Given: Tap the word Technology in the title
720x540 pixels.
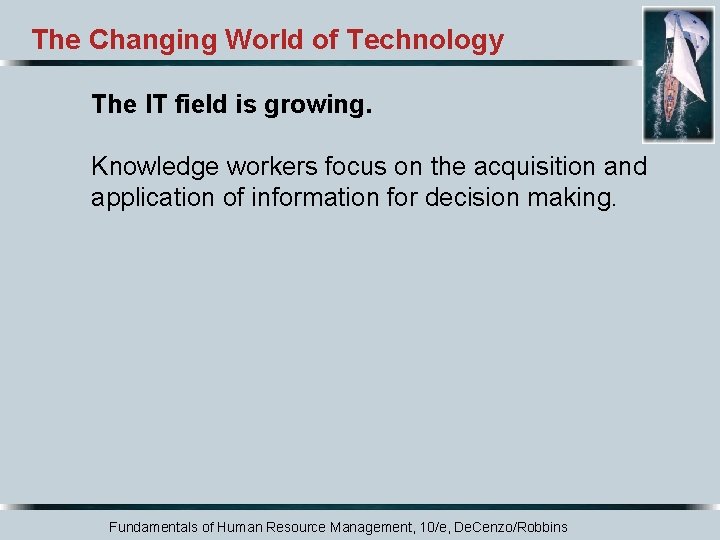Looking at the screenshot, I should click(x=425, y=41).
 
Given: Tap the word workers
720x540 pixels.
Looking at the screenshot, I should click(x=251, y=166).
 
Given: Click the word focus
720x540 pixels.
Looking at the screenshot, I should click(x=334, y=166).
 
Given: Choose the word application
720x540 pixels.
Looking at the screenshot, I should click(x=152, y=198).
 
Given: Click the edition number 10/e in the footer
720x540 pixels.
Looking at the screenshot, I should click(x=431, y=526).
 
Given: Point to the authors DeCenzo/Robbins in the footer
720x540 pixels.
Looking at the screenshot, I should click(x=512, y=526).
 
